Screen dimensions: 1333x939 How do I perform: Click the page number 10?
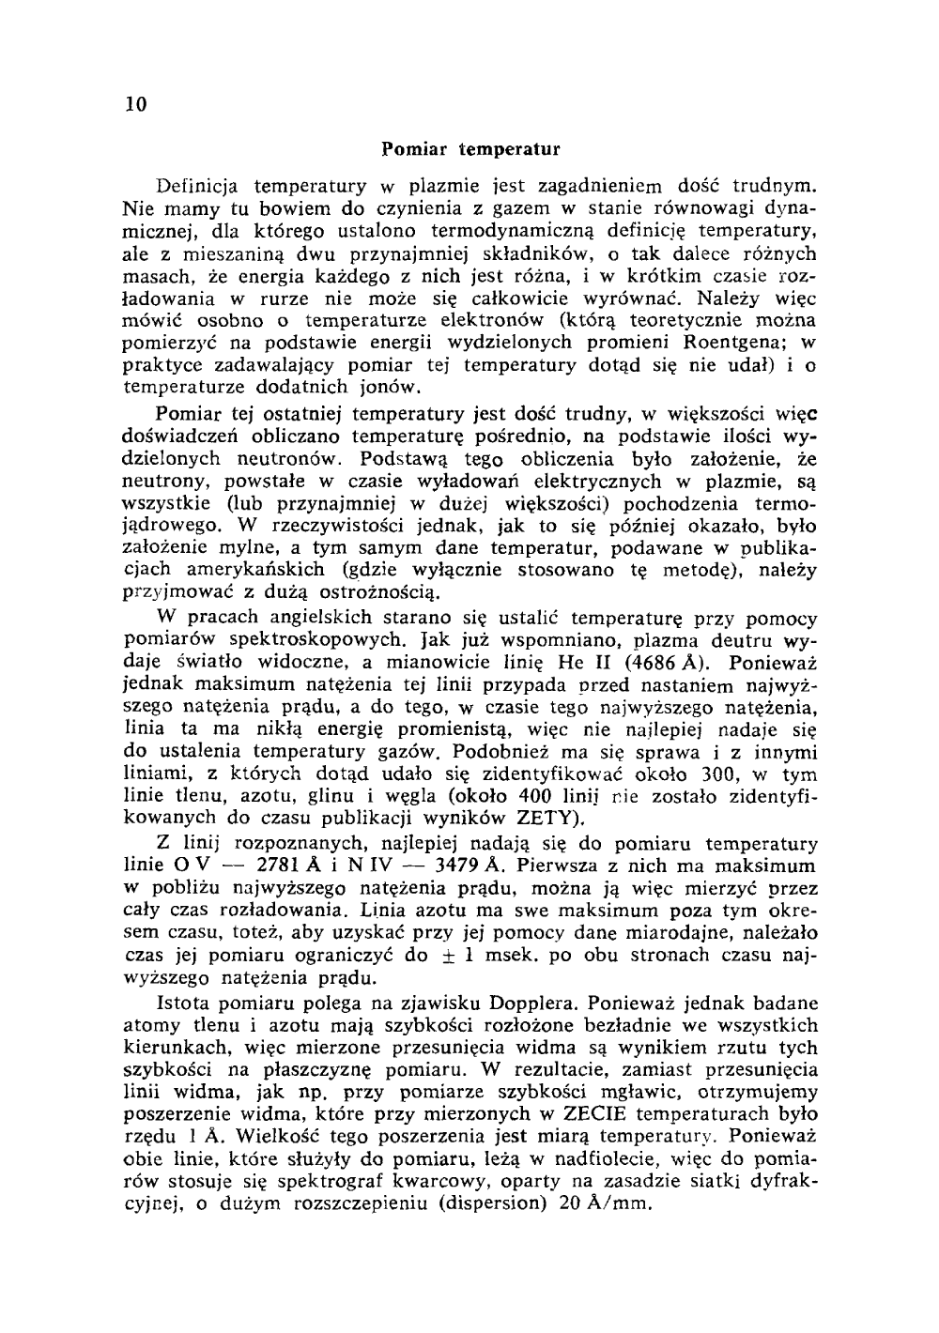click(133, 104)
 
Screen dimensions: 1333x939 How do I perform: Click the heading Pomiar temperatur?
click(471, 149)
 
